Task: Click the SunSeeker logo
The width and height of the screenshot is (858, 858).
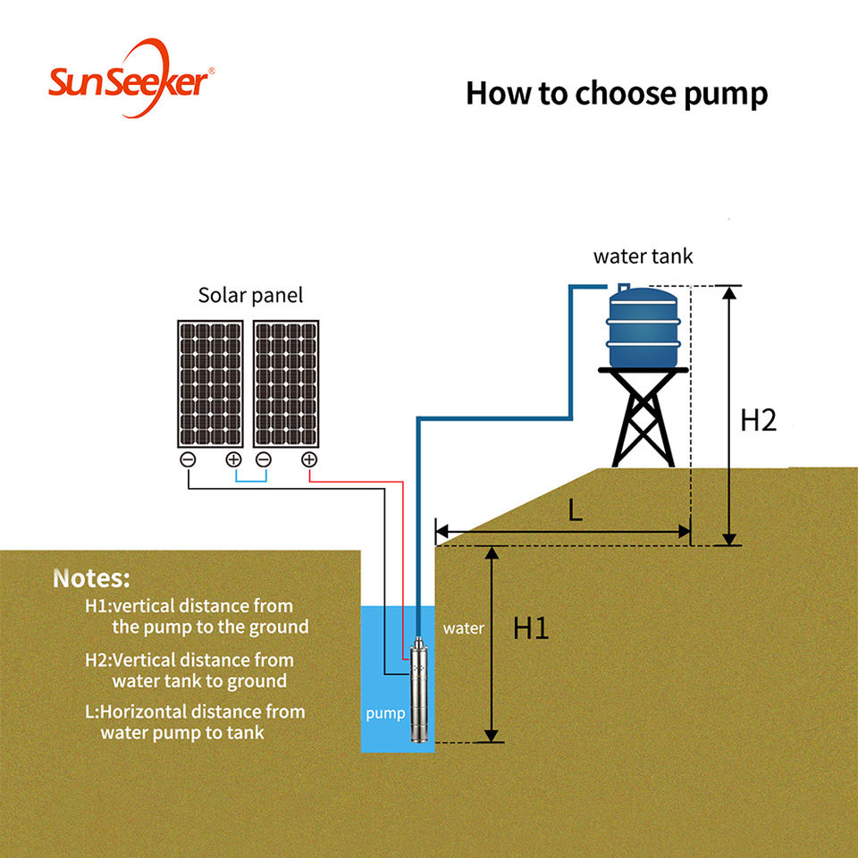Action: point(131,78)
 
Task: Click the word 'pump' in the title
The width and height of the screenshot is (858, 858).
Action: point(726,94)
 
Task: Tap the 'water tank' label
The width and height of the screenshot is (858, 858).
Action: point(643,257)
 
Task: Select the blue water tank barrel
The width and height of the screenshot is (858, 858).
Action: point(643,327)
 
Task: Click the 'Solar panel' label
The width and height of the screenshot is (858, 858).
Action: point(250,296)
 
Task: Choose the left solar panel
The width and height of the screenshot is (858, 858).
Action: point(210,384)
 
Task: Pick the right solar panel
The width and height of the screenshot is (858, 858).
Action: point(286,384)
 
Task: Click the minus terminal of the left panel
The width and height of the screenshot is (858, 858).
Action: point(189,459)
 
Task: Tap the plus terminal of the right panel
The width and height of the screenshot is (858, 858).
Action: point(309,459)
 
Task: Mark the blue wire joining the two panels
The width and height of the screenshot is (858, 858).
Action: point(250,482)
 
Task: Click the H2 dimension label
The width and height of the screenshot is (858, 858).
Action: point(759,420)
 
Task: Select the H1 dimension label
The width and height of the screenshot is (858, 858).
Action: point(530,627)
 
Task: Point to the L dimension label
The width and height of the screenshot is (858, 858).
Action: point(575,510)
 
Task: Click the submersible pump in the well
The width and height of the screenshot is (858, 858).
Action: point(419,689)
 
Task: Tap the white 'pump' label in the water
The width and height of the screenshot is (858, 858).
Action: point(386,713)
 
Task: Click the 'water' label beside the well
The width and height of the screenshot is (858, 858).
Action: point(464,628)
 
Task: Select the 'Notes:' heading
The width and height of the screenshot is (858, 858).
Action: point(92,579)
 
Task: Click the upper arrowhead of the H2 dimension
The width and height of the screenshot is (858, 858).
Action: point(729,293)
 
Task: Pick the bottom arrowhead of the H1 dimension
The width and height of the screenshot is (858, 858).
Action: point(492,736)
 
